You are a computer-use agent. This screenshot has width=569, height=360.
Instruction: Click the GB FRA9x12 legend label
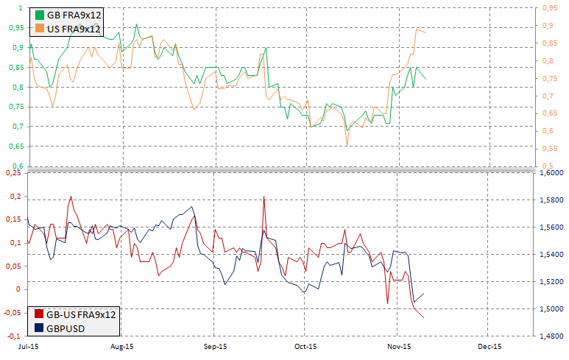(74, 15)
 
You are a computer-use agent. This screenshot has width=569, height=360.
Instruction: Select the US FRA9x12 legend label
(74, 29)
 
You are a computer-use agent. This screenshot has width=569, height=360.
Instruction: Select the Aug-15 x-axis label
(121, 345)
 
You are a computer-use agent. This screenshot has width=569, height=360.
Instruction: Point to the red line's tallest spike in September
(264, 197)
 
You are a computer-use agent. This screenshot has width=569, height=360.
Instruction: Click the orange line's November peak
(417, 29)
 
